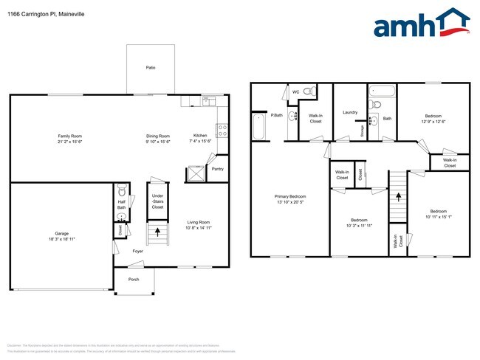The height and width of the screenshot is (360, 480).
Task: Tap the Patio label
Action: coord(151,68)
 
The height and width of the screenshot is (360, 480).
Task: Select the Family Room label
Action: coord(70,136)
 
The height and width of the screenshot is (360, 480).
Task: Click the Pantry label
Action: coord(217,169)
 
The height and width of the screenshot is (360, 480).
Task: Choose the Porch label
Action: coord(134,279)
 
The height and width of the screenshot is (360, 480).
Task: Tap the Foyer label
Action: coord(137,252)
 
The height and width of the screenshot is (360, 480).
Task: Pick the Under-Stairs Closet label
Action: coord(157,202)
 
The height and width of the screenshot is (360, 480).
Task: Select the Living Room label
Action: coord(198,222)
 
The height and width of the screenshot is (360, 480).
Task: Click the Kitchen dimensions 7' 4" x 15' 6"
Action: coord(200,142)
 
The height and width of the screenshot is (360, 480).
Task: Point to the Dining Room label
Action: coord(158,136)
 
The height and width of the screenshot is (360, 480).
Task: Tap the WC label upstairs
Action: coord(296,92)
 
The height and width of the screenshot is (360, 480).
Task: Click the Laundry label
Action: coord(350,113)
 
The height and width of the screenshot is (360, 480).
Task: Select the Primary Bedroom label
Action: coord(290,196)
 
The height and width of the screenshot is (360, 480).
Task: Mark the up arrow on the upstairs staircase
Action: coord(399,197)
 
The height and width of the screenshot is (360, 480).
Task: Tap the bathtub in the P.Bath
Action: coord(258,126)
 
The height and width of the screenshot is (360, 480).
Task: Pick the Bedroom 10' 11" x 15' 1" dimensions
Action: coord(438,216)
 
